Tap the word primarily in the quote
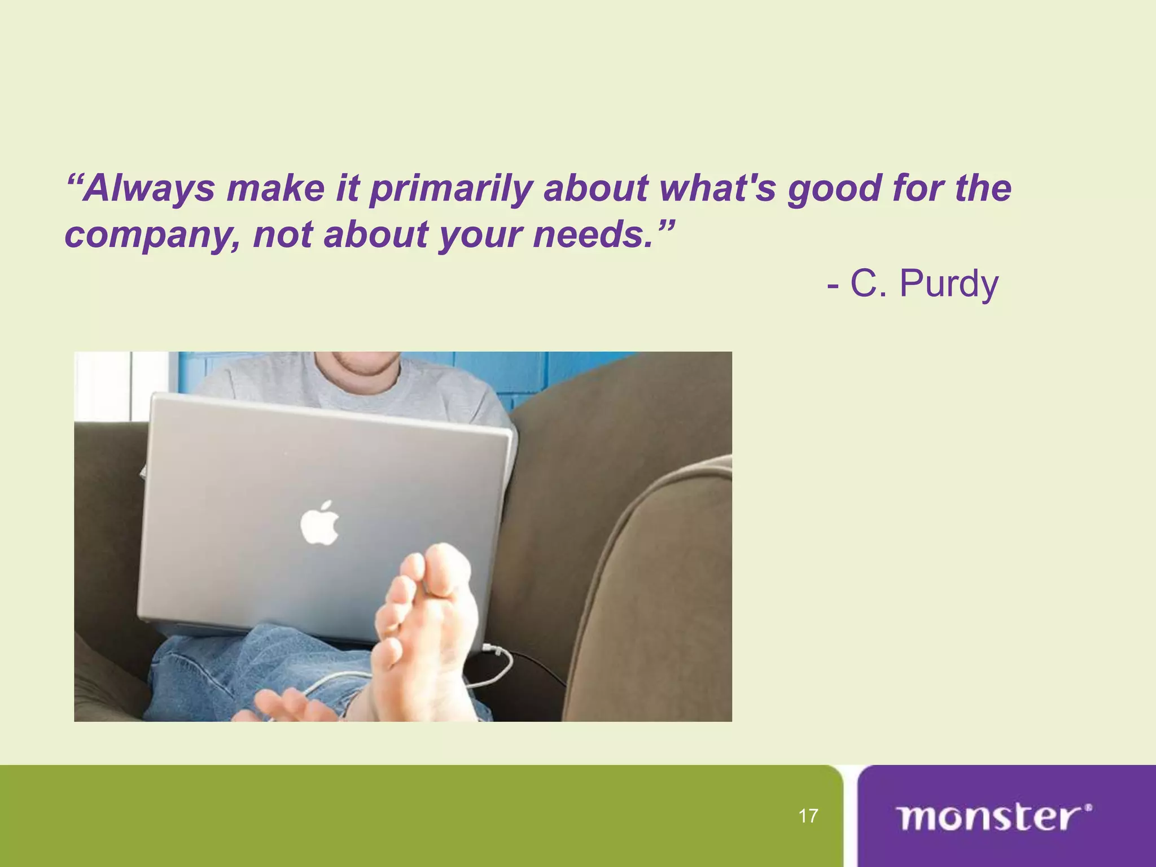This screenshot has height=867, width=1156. [x=450, y=189]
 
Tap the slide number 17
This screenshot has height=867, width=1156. [x=808, y=816]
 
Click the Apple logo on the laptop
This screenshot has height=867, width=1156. [x=319, y=522]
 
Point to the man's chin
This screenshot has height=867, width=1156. [x=367, y=367]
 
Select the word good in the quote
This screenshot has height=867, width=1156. [x=834, y=189]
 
